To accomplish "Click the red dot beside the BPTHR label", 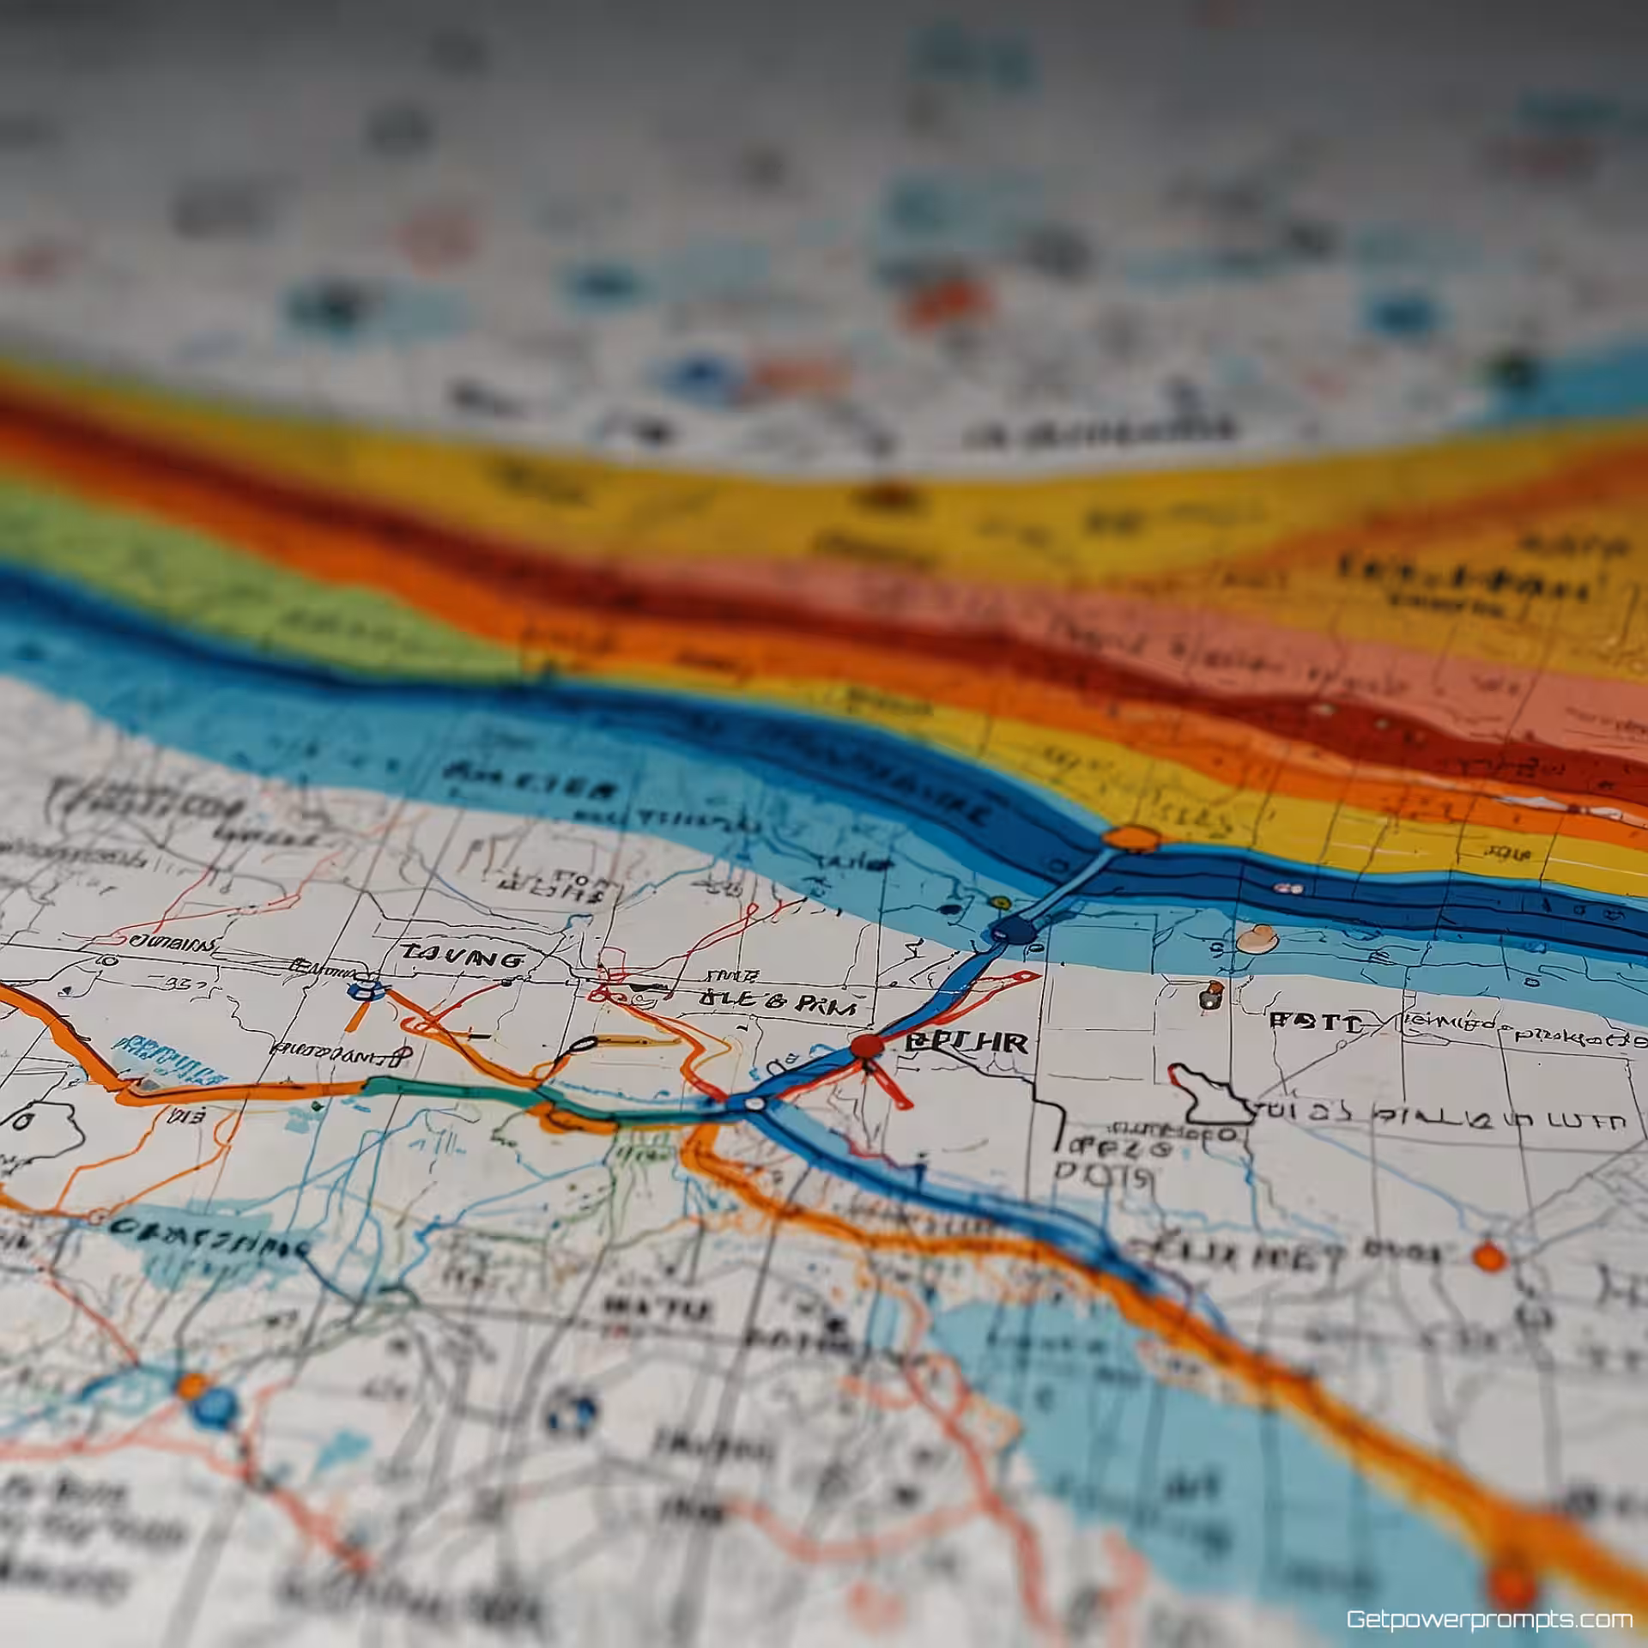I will click(x=867, y=1046).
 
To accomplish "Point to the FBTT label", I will click(x=1314, y=1023).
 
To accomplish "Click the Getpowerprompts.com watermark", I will click(x=1488, y=1619).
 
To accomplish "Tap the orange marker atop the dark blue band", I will click(x=1132, y=839).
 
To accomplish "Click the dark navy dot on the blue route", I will click(x=1013, y=930).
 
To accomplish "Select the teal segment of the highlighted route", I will click(x=446, y=1088).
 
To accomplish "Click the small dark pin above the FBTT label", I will click(x=1210, y=996).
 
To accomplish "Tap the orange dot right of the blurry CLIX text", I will click(x=1489, y=1257).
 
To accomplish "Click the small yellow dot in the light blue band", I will click(x=997, y=902).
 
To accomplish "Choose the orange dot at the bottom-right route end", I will click(x=1512, y=1582).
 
